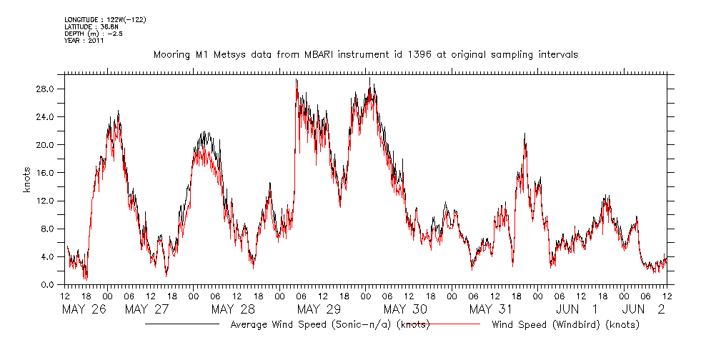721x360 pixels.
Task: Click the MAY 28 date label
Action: [232, 309]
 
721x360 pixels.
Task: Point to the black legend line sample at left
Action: [182, 324]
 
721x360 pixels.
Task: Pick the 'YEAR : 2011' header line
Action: [84, 41]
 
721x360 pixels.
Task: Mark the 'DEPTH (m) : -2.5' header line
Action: [94, 33]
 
